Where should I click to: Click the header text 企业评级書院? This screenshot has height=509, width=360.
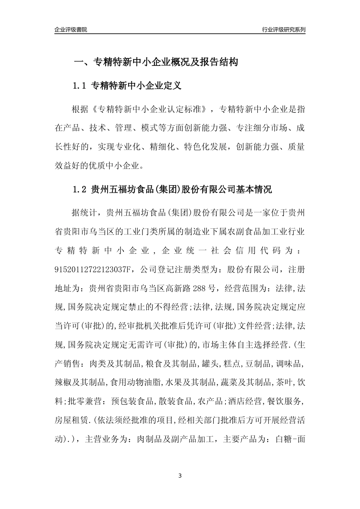click(71, 30)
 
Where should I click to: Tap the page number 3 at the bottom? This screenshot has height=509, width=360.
click(180, 475)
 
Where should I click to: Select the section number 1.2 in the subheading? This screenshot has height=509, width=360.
click(80, 190)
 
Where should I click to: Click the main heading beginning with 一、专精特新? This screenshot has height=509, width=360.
click(155, 62)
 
